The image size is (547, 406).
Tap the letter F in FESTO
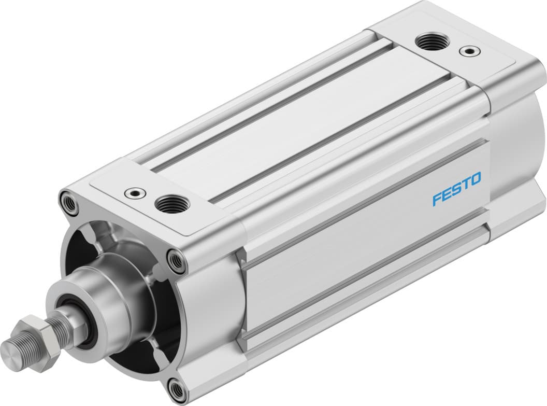point(437,199)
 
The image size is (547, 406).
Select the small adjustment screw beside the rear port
point(469,51)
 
